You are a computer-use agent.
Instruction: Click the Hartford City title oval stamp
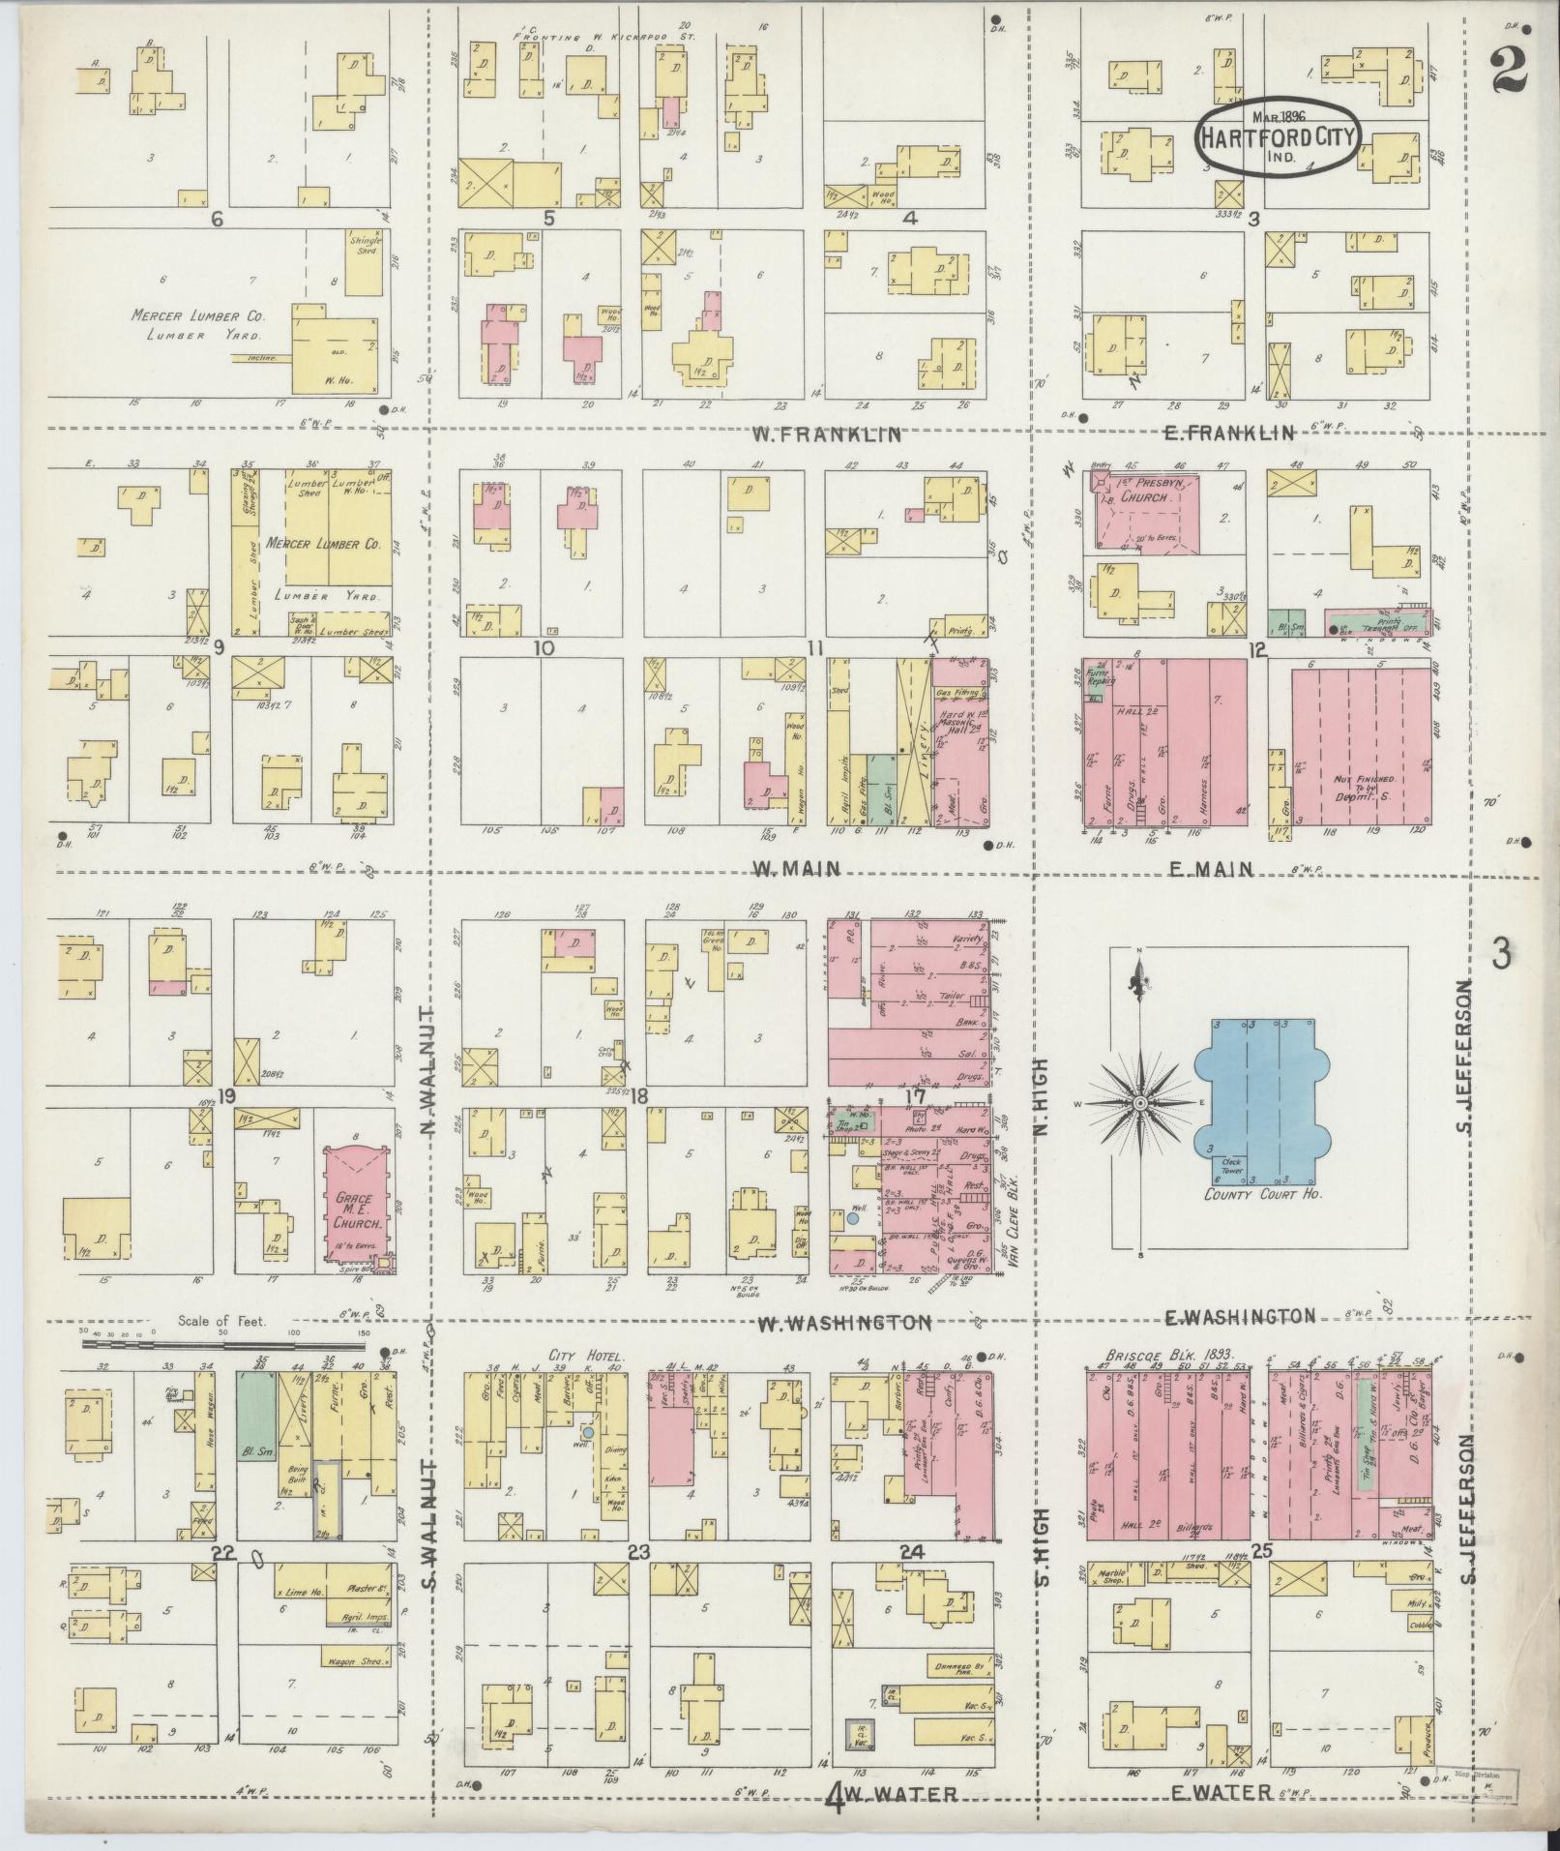[x=1279, y=138]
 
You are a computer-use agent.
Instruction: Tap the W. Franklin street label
[x=827, y=434]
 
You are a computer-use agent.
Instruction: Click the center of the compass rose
[x=1141, y=1103]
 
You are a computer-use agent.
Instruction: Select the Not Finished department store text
[x=1364, y=786]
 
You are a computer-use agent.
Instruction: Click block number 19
[x=225, y=1096]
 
